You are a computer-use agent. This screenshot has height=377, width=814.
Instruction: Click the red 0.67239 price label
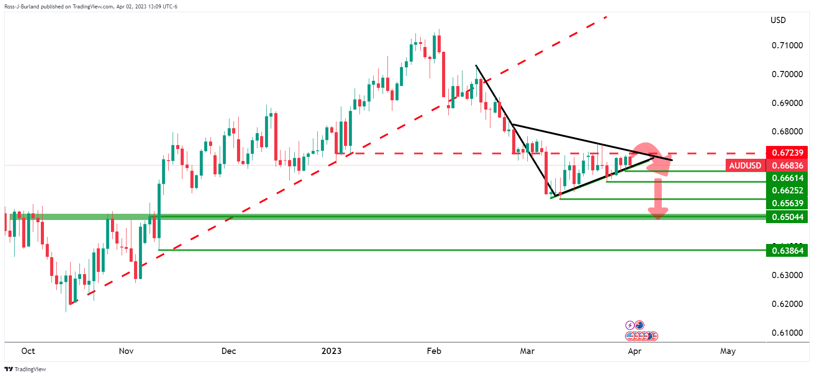pos(787,153)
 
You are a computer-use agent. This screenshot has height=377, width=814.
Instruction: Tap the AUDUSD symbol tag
pos(745,165)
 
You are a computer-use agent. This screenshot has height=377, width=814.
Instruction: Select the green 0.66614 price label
pos(787,178)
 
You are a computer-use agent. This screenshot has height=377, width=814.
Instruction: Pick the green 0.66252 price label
pos(787,190)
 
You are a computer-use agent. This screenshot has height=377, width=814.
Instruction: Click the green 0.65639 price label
pos(787,203)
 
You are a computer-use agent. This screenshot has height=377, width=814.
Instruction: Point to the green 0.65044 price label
pos(787,217)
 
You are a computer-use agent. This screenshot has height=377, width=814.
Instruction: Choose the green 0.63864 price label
pos(787,251)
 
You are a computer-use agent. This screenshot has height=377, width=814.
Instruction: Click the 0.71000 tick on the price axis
pos(787,45)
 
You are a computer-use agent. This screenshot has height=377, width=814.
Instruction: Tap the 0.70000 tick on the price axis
pos(787,74)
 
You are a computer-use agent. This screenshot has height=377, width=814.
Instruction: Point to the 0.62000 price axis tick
pos(787,304)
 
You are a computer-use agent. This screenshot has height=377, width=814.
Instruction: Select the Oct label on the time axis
pos(28,351)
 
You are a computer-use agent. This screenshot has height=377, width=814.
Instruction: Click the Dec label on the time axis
pos(229,351)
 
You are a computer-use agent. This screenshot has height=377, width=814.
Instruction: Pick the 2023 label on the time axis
pos(331,351)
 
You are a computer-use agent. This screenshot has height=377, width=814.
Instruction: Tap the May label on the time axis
pos(727,351)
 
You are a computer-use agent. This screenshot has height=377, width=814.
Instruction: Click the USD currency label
pos(778,20)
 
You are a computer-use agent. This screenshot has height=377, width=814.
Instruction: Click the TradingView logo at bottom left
pos(25,369)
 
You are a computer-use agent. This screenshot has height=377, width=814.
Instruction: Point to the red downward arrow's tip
pos(658,218)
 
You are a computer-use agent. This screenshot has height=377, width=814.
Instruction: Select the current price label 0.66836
pos(787,165)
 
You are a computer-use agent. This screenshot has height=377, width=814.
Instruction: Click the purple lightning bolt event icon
pos(629,325)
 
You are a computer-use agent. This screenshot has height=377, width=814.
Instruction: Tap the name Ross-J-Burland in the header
pos(21,7)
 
